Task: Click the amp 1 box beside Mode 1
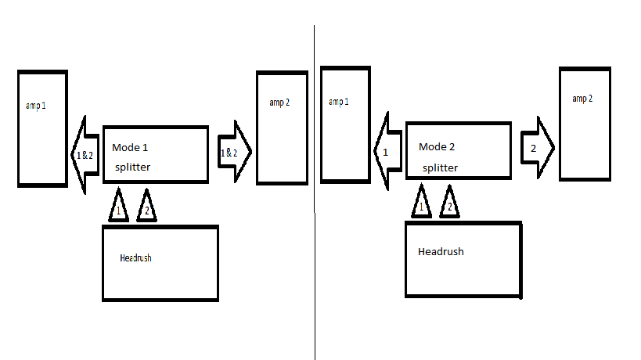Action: click(42, 128)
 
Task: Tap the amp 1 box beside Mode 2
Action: click(345, 125)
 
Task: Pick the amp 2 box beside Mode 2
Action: click(585, 123)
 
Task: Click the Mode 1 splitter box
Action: click(156, 153)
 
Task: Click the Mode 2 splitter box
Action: click(459, 153)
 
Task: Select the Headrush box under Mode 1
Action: click(160, 263)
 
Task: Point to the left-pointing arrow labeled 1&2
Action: click(82, 154)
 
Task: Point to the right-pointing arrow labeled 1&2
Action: click(233, 153)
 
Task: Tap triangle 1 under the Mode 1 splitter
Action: click(118, 207)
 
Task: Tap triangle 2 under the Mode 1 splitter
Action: click(146, 207)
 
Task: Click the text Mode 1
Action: click(130, 148)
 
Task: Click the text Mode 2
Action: click(437, 146)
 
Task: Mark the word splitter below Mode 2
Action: click(440, 167)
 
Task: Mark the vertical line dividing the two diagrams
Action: click(315, 196)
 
